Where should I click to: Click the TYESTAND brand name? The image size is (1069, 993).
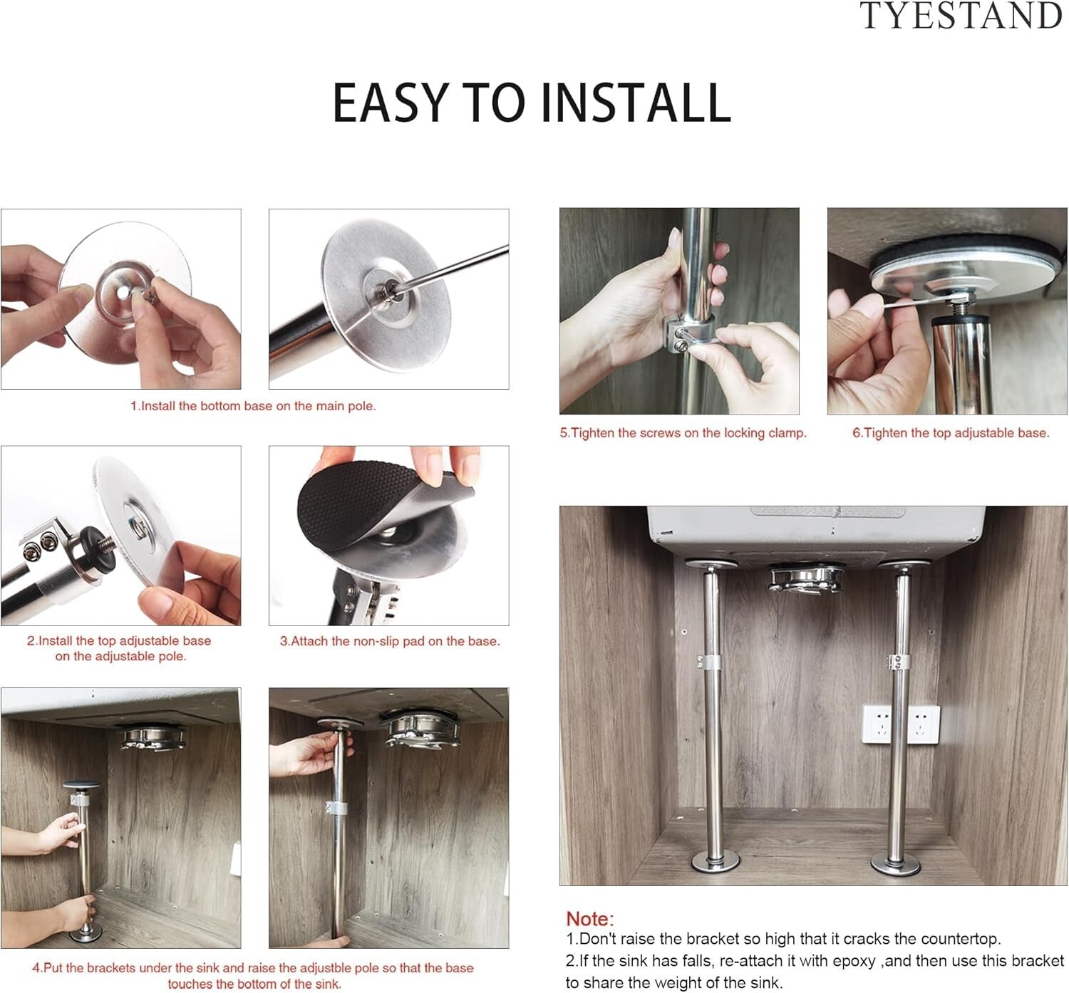(x=960, y=16)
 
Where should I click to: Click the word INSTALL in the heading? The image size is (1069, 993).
(x=636, y=103)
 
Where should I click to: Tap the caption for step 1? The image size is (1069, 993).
(x=253, y=406)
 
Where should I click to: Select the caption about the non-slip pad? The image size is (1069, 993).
(x=390, y=641)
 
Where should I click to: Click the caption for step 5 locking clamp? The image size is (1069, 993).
(x=683, y=433)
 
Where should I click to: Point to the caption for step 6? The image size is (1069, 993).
(x=951, y=433)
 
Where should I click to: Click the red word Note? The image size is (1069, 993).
(x=589, y=919)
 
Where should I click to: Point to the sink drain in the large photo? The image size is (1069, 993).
(x=804, y=578)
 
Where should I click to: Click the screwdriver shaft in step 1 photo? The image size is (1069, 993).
(x=456, y=264)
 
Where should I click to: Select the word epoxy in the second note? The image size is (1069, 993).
(x=854, y=961)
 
